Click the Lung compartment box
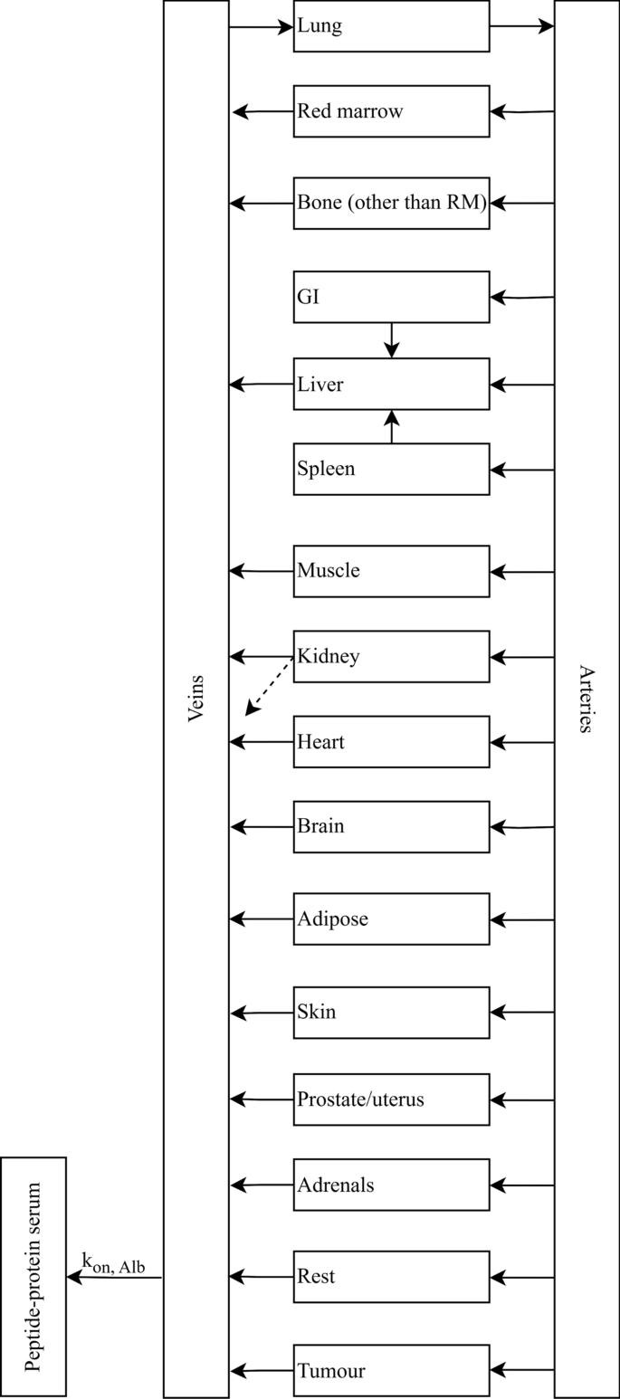[391, 26]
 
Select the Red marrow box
[391, 111]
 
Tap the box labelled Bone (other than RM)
[391, 204]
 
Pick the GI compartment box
[391, 297]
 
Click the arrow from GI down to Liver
[392, 339]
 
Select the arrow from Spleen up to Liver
[392, 427]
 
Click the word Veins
[196, 699]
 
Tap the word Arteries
[587, 699]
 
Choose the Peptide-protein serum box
[33, 1276]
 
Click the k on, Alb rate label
[113, 1263]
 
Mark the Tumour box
[391, 1370]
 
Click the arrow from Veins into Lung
[261, 27]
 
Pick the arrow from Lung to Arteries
[521, 26]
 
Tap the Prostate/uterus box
[391, 1099]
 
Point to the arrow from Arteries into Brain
[521, 827]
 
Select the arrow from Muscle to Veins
[262, 571]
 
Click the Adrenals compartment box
[391, 1185]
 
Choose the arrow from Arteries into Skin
[521, 1013]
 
